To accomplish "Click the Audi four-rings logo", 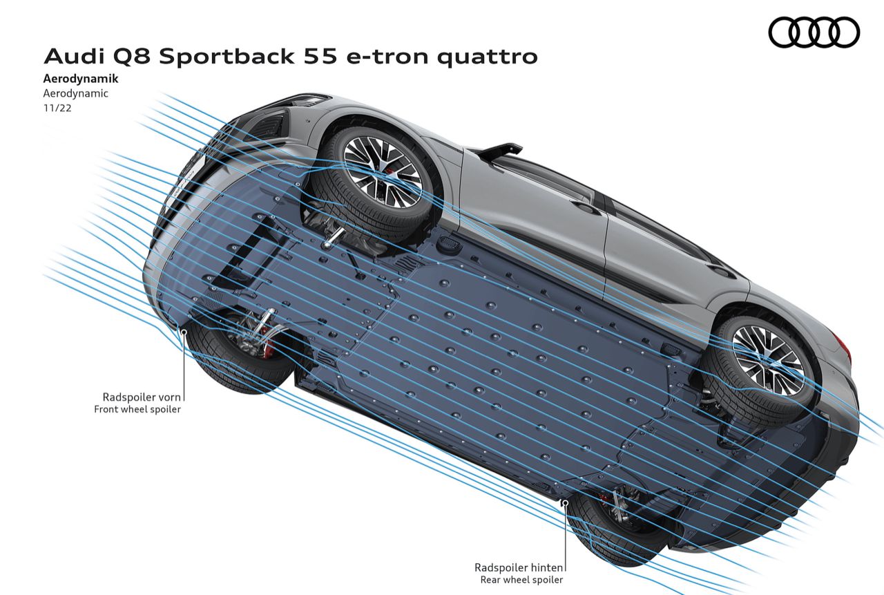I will (x=814, y=32).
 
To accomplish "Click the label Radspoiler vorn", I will (x=142, y=397).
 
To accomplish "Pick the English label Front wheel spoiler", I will (x=137, y=409).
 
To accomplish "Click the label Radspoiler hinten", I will (x=519, y=567).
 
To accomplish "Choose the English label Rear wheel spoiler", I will (x=521, y=580).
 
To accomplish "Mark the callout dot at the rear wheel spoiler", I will (x=566, y=502).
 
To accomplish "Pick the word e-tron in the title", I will (x=389, y=56).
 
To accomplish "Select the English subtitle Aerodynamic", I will (x=75, y=93).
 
